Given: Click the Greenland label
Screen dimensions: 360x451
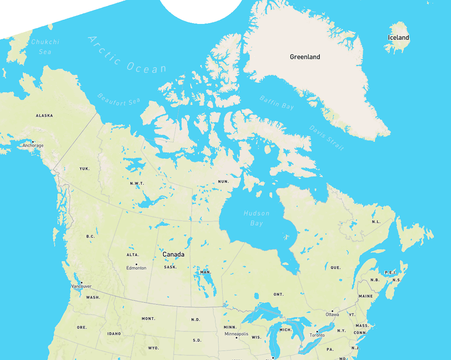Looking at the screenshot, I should point(305,57).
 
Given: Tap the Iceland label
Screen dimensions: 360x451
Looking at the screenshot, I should point(398,38).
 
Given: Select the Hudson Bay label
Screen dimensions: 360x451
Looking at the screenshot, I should point(257,218).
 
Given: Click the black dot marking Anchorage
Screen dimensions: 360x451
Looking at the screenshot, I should point(33,142).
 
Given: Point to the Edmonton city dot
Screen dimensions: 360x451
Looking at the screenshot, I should point(136,264).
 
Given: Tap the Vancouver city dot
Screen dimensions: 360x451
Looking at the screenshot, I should point(81,282).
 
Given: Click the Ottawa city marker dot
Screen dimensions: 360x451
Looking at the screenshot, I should point(332,311).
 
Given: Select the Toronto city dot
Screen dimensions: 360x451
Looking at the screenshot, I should point(317,331).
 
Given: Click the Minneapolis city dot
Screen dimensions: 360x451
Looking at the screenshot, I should point(236,330).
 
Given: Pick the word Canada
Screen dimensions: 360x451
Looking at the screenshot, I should point(173,254).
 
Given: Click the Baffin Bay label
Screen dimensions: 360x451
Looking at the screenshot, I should point(277,102).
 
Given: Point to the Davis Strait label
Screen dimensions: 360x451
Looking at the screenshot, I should point(327,138).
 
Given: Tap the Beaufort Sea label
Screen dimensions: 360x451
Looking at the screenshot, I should point(119,99).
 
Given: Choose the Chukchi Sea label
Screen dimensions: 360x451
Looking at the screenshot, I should point(45,46).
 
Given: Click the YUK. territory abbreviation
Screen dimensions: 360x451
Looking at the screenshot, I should point(85,169).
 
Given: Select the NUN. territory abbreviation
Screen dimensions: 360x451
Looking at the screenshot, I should point(223,182).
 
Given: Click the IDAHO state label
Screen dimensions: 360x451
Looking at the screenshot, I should point(114,334).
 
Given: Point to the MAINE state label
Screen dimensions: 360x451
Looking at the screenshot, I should point(365,296).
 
